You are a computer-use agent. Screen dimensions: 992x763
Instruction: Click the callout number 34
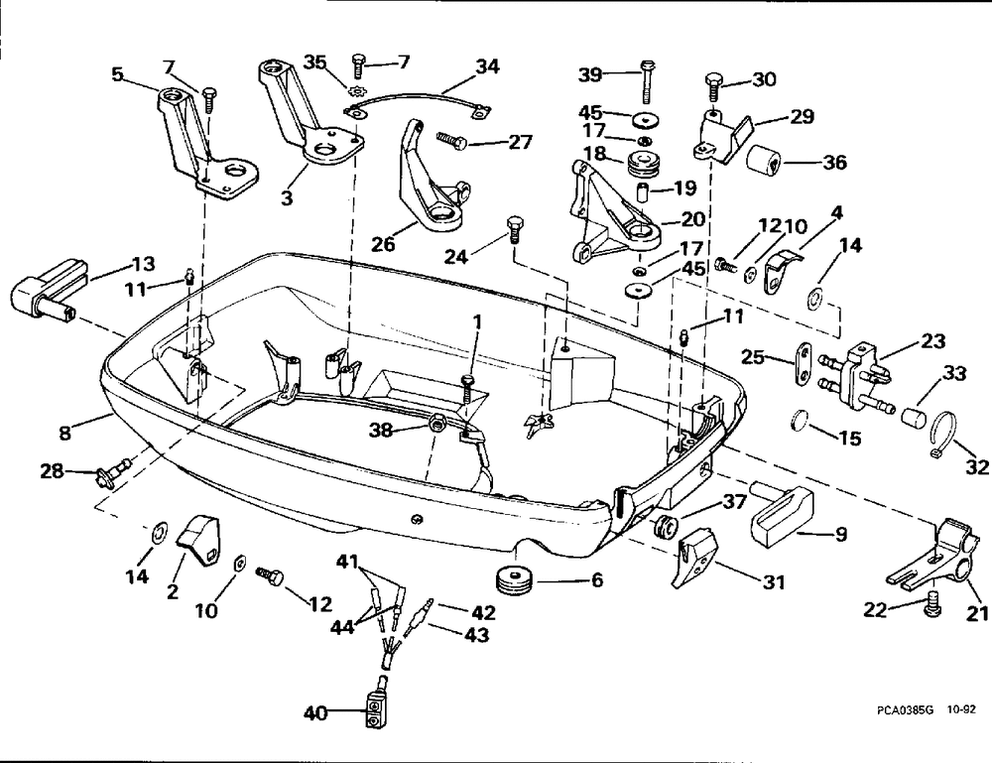[x=487, y=66]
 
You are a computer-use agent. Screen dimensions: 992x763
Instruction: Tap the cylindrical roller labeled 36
[x=764, y=159]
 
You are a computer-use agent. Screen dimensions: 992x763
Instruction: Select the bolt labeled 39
[x=647, y=81]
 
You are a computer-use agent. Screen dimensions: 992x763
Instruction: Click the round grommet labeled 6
[x=513, y=580]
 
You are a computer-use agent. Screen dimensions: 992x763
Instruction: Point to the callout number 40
[x=315, y=713]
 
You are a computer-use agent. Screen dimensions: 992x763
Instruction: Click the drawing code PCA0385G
[x=905, y=709]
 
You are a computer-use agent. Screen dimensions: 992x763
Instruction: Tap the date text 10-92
[x=961, y=709]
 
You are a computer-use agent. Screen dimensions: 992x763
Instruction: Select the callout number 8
[x=64, y=433]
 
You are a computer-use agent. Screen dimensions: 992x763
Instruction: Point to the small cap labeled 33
[x=912, y=418]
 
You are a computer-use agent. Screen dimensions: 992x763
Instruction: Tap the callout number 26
[x=383, y=243]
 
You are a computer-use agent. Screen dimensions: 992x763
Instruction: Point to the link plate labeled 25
[x=803, y=362]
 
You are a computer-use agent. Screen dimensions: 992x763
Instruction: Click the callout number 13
[x=143, y=263]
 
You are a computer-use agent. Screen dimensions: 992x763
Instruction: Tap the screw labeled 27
[x=451, y=140]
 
